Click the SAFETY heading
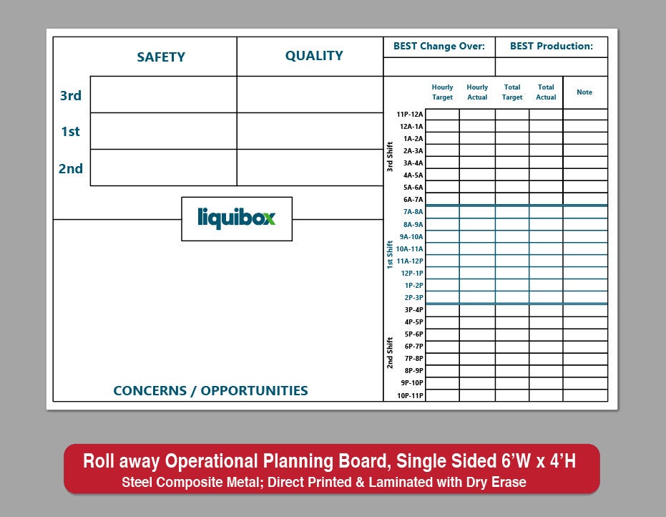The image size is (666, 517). [161, 57]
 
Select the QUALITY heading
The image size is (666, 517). [314, 56]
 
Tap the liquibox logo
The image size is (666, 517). [237, 218]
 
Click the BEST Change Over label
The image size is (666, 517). [439, 46]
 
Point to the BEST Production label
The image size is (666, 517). [552, 46]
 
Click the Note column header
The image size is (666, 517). [584, 92]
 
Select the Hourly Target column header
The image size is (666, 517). [442, 92]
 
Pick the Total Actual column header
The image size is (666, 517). [546, 92]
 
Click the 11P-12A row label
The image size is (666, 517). [410, 114]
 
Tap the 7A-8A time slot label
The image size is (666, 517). [413, 212]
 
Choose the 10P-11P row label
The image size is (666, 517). [411, 395]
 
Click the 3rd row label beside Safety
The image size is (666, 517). [71, 95]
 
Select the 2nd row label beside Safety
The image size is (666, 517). [71, 168]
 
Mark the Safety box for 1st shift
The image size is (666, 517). [164, 131]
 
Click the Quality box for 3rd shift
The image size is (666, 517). [310, 95]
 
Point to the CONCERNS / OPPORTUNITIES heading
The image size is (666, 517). [210, 390]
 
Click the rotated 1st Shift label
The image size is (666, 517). [389, 255]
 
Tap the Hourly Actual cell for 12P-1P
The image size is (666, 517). [477, 273]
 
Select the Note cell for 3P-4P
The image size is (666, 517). [585, 310]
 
